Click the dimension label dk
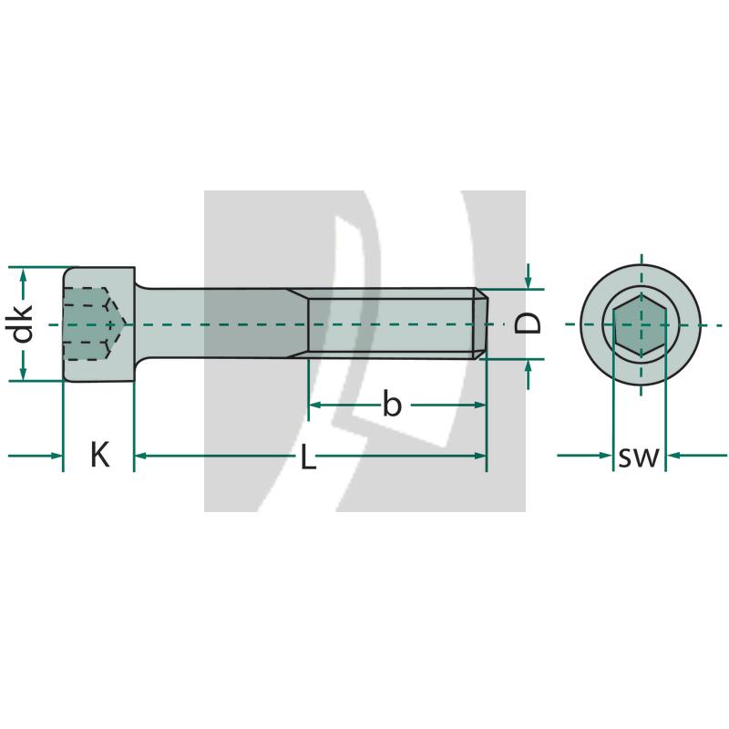(x=22, y=323)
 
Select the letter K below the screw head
(x=100, y=455)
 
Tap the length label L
(x=308, y=457)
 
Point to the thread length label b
(x=392, y=404)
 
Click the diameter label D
(x=528, y=323)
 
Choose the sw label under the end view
(x=639, y=457)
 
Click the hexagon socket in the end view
(x=641, y=324)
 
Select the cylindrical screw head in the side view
(x=99, y=324)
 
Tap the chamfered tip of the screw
(x=481, y=323)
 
